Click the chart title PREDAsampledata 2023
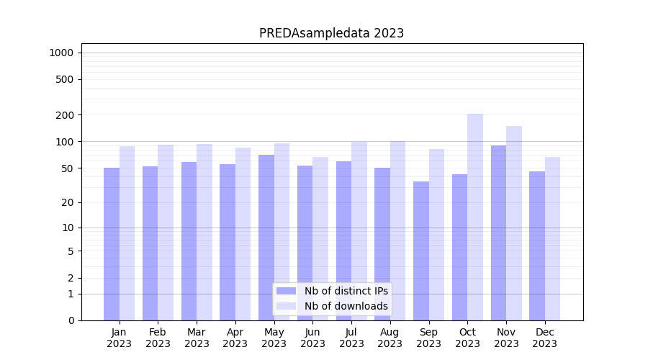(331, 33)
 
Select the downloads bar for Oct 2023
(475, 216)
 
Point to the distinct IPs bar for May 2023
(266, 238)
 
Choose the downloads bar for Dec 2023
(553, 238)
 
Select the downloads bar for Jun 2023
(320, 238)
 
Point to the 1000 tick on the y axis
(61, 53)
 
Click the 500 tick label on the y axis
(64, 79)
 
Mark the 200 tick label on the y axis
(64, 115)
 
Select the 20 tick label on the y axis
(67, 202)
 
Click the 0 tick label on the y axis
(71, 320)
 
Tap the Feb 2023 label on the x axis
(158, 338)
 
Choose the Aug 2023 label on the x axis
(390, 338)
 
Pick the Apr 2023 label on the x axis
(235, 338)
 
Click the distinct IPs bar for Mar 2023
(189, 241)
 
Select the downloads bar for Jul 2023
(359, 230)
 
